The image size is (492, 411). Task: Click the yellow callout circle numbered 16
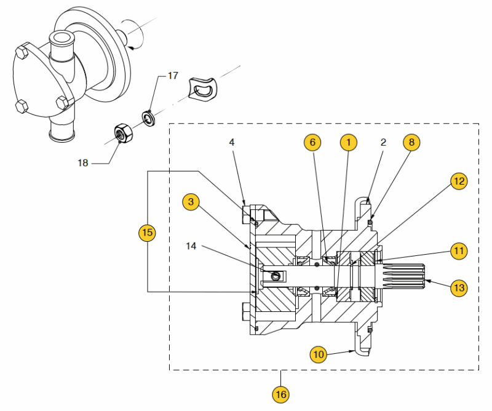[x=281, y=394]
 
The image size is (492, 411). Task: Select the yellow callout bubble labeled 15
[x=147, y=233]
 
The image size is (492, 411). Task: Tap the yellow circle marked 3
[x=191, y=202]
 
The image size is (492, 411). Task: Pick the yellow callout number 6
[x=312, y=142]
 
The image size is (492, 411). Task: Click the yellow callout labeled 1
[x=349, y=142]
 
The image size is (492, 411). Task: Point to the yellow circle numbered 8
[x=411, y=142]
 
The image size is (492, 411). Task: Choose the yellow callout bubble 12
[x=459, y=181]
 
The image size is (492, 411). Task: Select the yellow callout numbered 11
[x=459, y=251]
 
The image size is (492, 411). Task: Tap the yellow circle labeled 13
[x=459, y=287]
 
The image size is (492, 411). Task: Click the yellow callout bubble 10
[x=319, y=354]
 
